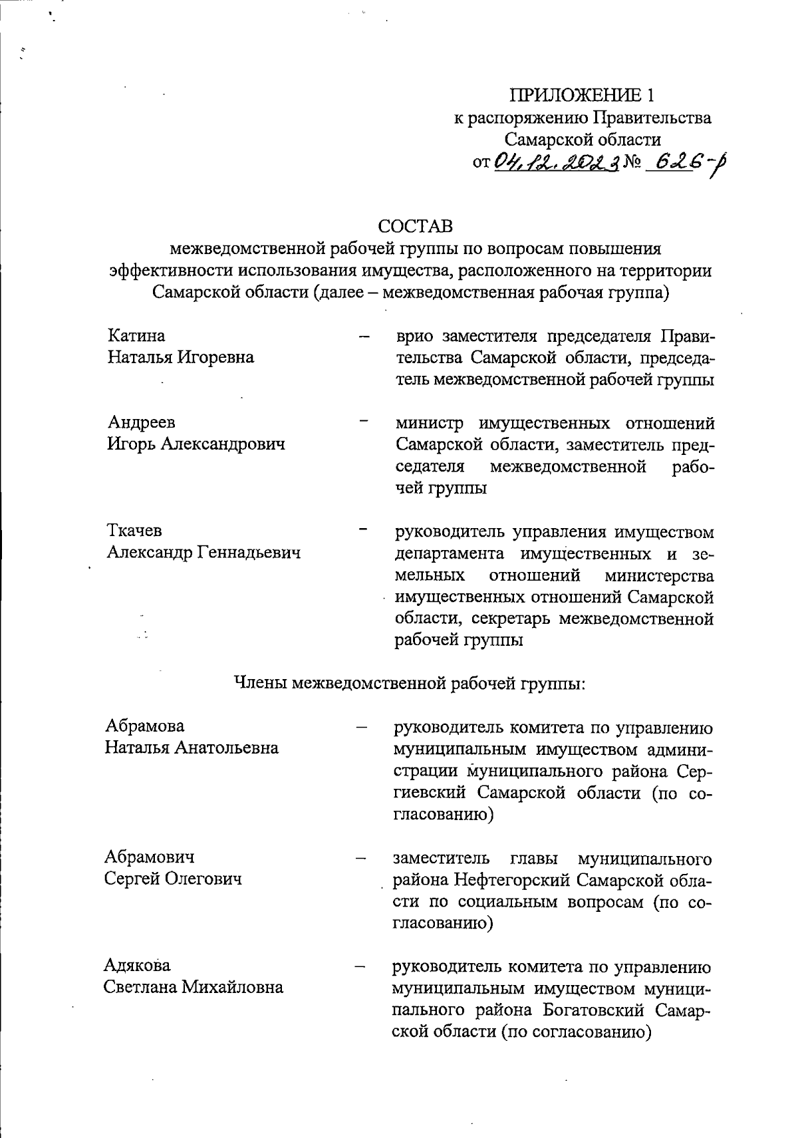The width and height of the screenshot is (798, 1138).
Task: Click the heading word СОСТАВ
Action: pos(416,226)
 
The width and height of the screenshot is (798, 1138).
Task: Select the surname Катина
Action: pos(136,335)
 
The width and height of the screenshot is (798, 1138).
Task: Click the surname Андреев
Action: pos(142,422)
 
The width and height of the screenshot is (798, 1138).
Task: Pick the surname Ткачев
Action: pos(134,531)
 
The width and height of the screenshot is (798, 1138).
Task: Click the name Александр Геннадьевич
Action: pos(203,553)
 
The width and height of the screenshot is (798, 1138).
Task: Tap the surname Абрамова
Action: pos(144,726)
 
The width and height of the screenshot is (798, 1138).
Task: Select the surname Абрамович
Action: pos(150,857)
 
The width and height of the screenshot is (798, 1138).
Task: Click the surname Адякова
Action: pos(137,965)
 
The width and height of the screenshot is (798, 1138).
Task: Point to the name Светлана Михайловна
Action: pos(194,987)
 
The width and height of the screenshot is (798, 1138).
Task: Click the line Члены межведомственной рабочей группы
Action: pos(410,682)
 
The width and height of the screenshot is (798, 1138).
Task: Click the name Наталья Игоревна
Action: pos(181,357)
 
